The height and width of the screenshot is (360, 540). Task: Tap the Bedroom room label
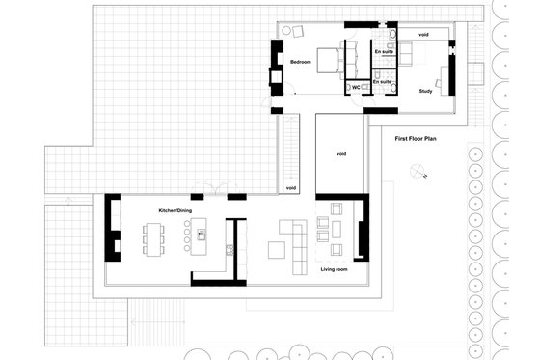301,62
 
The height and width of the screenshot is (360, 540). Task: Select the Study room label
425,91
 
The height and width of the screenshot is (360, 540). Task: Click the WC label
355,87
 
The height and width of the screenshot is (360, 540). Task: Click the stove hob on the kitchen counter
229,250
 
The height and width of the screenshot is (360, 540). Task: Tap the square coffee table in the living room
277,250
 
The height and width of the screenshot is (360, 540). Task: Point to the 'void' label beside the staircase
291,188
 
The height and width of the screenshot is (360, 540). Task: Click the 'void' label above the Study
423,35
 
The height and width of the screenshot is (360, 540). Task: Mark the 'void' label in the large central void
340,154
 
